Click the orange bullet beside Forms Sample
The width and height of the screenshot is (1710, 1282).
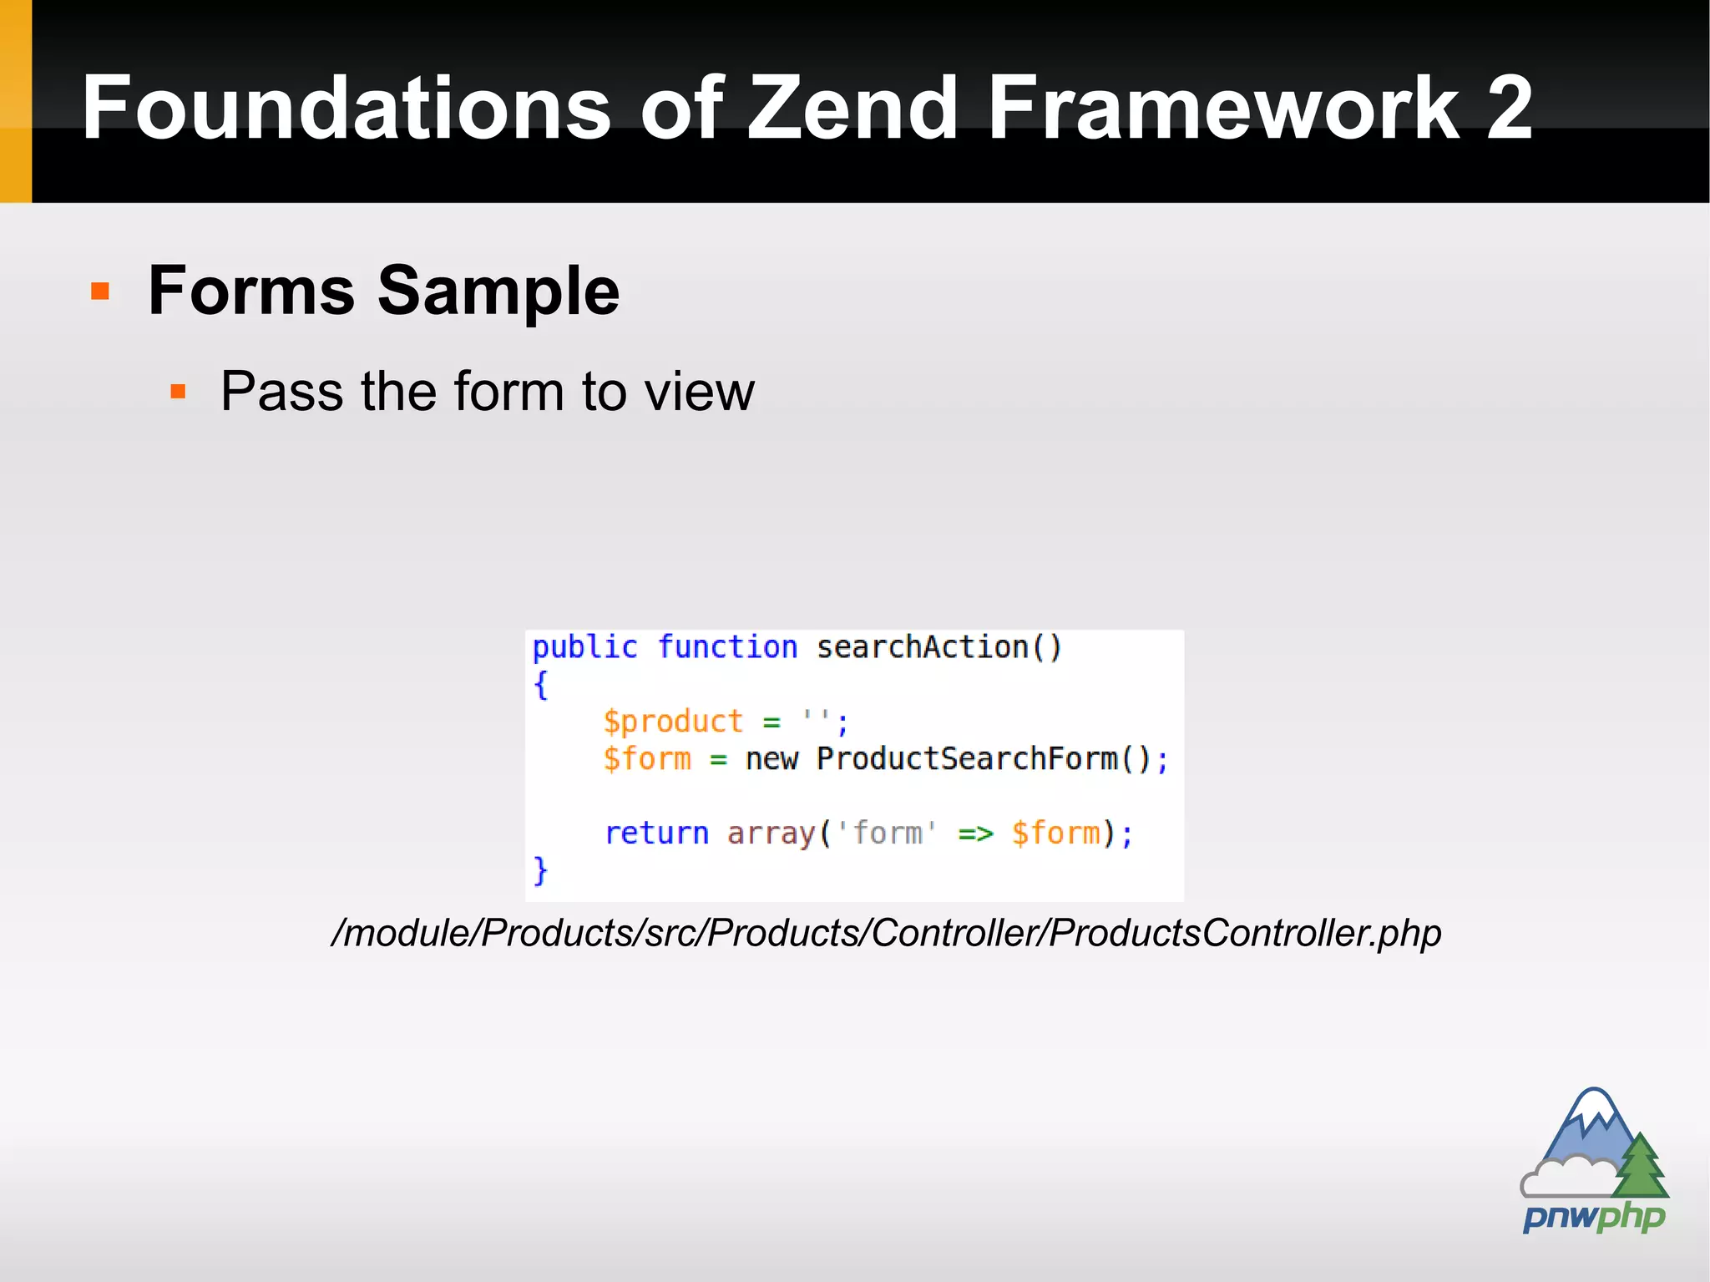point(100,291)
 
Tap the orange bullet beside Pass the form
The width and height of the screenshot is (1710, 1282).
point(177,391)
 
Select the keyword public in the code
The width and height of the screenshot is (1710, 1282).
point(584,647)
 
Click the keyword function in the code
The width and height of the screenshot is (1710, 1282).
point(727,647)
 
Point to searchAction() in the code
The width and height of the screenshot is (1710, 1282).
point(938,647)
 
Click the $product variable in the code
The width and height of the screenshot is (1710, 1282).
point(673,721)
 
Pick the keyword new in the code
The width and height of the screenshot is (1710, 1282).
point(772,758)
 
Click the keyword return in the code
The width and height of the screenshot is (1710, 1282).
point(656,833)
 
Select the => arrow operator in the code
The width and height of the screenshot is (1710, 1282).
point(975,833)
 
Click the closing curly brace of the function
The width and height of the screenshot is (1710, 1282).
point(540,870)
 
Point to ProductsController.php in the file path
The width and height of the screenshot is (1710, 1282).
point(1245,933)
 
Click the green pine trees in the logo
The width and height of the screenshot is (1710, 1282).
point(1641,1167)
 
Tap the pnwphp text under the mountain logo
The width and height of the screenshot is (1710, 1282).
point(1593,1218)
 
